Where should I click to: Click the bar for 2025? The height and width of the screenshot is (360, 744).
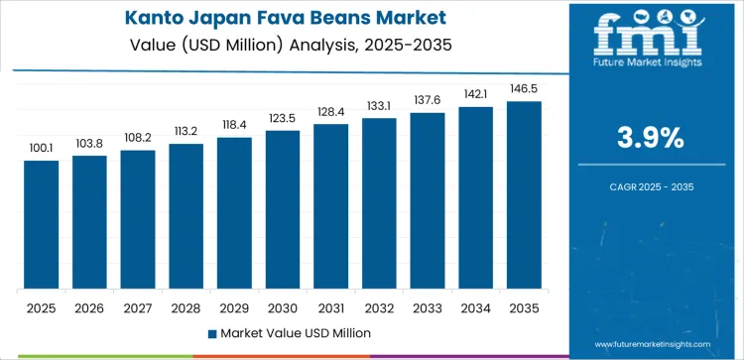pos(42,224)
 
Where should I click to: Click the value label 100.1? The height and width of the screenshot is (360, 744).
pos(42,149)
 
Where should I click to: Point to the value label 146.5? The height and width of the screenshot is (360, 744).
pos(524,89)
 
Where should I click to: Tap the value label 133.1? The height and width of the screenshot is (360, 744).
pos(379,106)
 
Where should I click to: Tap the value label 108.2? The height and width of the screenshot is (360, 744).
pos(138,138)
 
